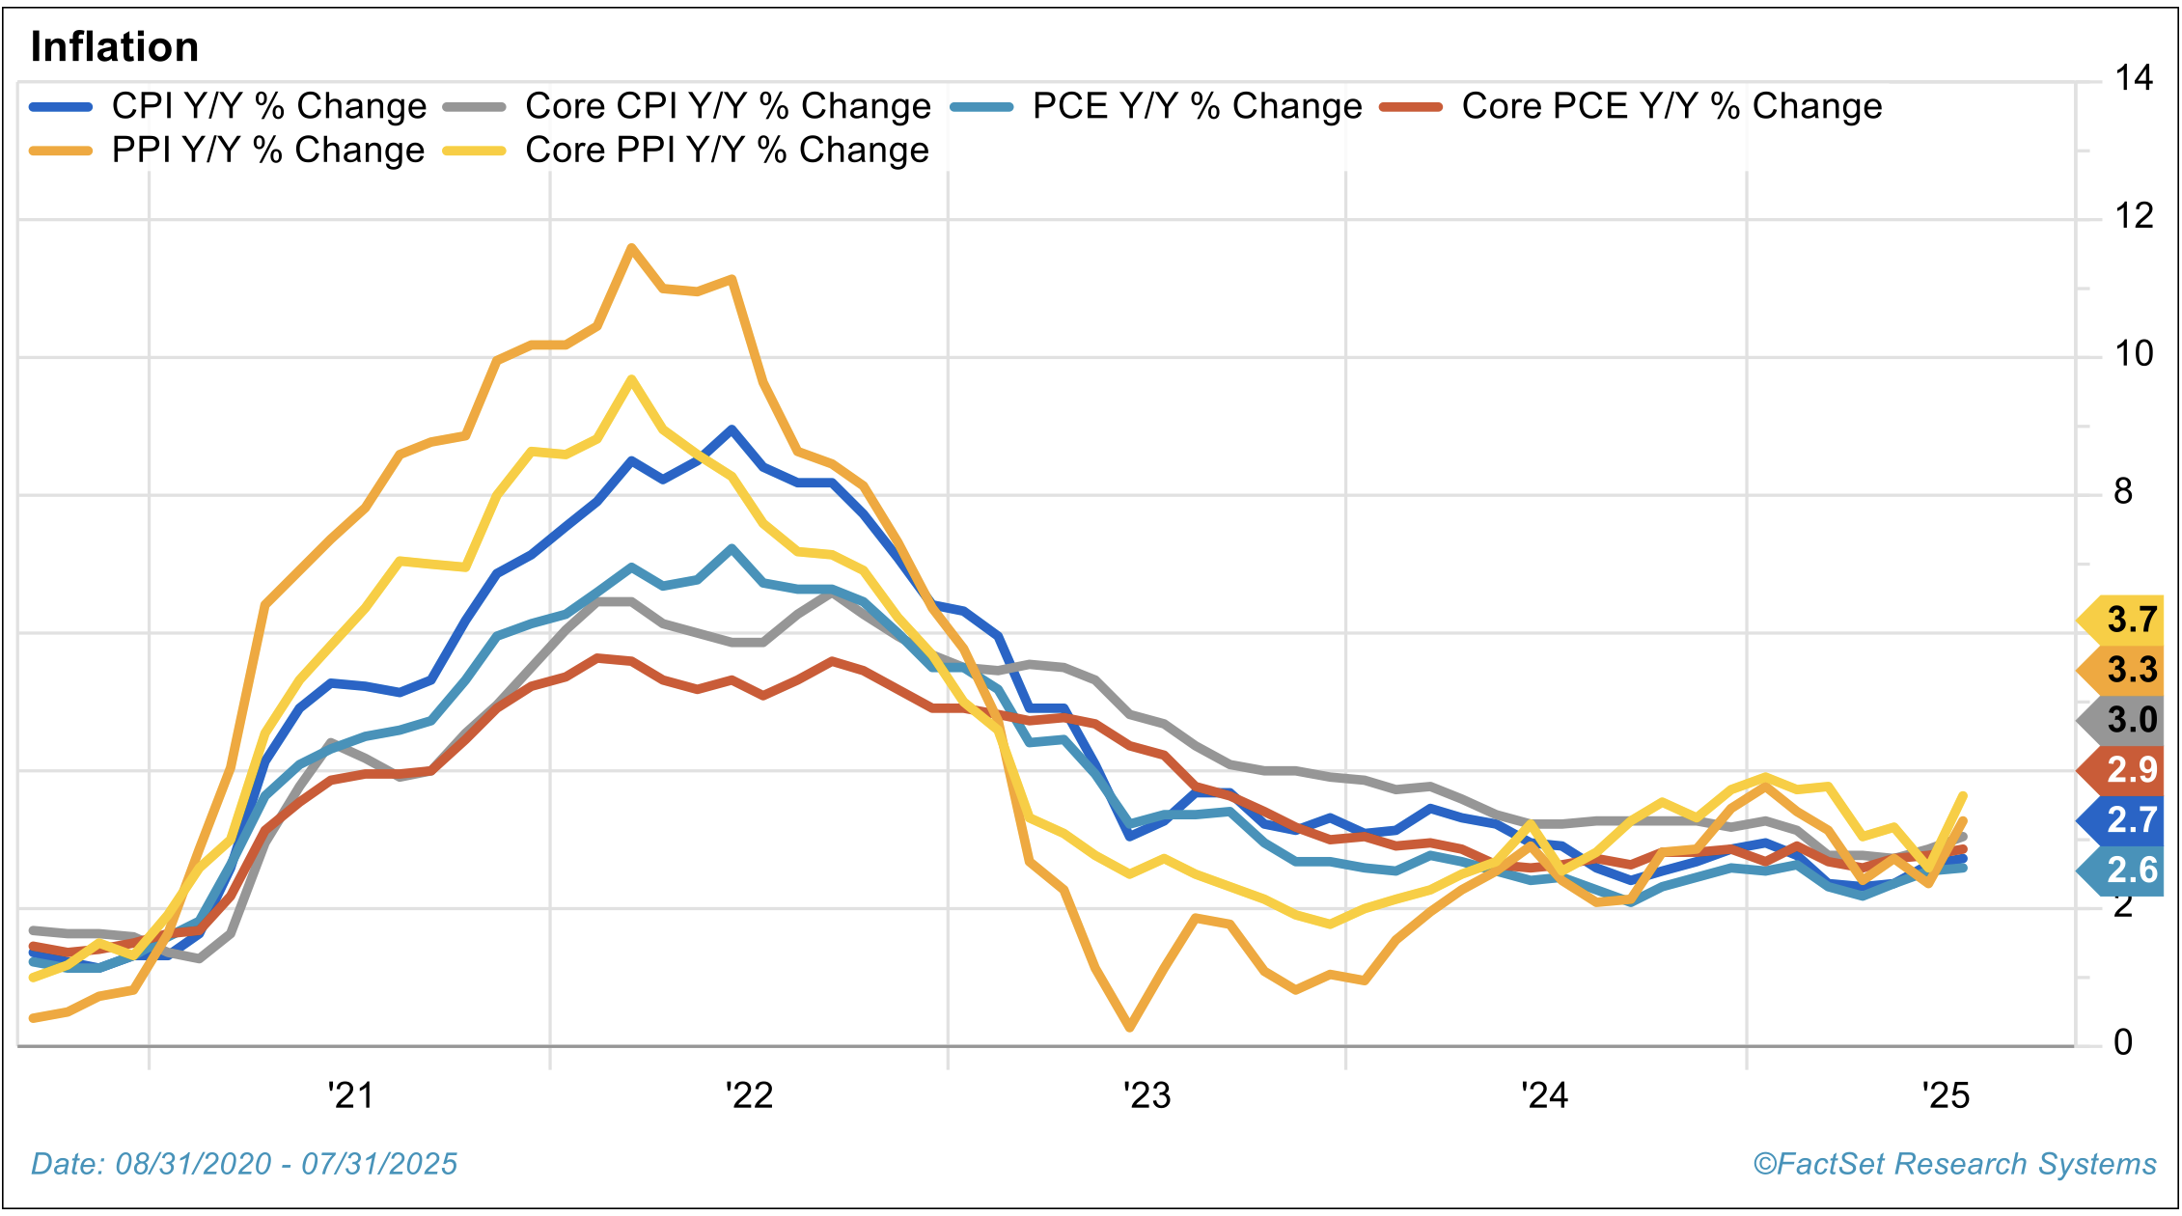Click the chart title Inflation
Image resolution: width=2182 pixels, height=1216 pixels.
[115, 47]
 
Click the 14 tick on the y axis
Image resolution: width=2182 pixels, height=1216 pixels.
[2133, 78]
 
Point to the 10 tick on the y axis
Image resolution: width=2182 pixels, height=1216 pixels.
[2133, 354]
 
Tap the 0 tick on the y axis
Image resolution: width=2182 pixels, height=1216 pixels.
[2123, 1043]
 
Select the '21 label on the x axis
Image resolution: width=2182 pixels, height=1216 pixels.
[350, 1096]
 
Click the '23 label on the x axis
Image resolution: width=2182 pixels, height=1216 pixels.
[1146, 1096]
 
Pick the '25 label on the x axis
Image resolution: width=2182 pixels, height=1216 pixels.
[1946, 1096]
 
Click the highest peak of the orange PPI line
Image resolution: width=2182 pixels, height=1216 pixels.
[631, 248]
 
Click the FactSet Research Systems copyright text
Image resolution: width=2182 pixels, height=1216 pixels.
[1954, 1165]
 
